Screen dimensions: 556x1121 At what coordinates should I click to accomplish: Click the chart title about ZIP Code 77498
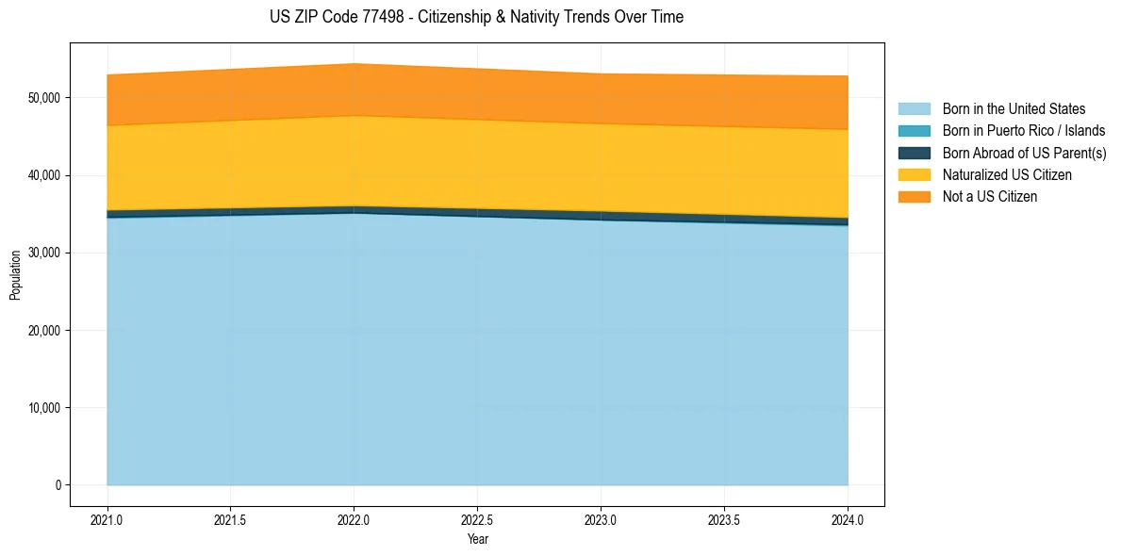[476, 17]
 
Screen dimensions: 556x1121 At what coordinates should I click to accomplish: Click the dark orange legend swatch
[914, 196]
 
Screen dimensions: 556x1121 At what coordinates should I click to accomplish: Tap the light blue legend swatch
[914, 109]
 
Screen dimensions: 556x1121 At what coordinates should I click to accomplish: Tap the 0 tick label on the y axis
[57, 485]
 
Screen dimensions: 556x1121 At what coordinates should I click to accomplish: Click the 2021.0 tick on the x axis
[107, 519]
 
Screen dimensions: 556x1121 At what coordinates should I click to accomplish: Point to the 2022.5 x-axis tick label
[477, 519]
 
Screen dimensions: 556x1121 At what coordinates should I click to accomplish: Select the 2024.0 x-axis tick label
[848, 519]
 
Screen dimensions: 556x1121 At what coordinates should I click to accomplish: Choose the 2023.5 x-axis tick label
[724, 519]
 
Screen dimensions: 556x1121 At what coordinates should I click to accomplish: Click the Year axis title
[477, 539]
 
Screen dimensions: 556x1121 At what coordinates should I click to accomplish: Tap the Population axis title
[15, 275]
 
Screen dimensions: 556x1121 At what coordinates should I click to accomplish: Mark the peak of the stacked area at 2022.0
[354, 64]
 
